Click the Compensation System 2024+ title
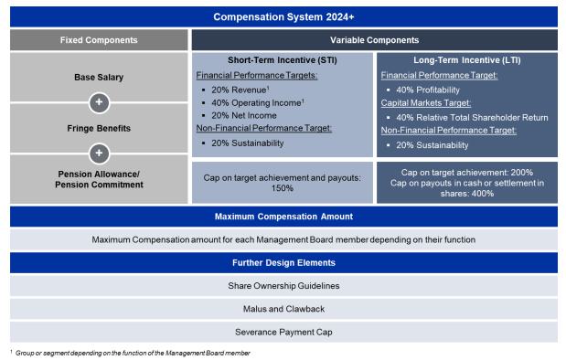[283, 17]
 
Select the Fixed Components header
[99, 40]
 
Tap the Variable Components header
[374, 40]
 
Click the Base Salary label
[99, 77]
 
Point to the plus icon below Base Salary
[99, 103]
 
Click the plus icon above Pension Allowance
[99, 154]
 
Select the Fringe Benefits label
[99, 129]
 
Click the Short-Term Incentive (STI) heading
[283, 60]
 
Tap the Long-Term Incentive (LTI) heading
[467, 60]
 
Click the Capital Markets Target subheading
[426, 103]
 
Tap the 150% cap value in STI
[283, 188]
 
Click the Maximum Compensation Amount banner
[283, 217]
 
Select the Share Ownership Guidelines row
[283, 286]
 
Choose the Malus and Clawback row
[283, 309]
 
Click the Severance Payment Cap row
[283, 332]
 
